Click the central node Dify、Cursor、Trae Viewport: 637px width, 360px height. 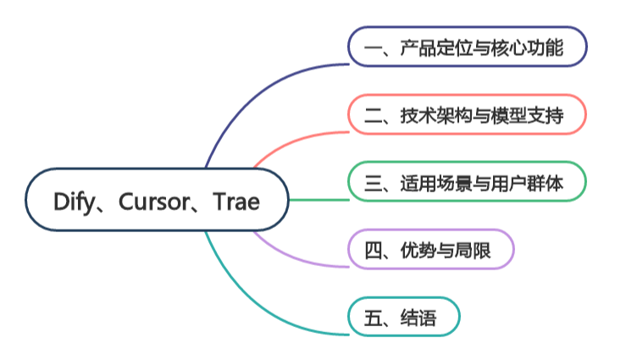[157, 200]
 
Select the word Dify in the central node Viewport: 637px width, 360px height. [73, 201]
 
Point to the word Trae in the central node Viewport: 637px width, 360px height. [236, 201]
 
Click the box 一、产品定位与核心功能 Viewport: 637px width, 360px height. [467, 47]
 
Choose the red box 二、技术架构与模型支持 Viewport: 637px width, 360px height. [467, 114]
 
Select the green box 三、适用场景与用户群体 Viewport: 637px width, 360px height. [467, 182]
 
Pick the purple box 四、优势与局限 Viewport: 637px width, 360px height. [431, 250]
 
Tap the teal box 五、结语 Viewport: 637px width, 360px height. [404, 318]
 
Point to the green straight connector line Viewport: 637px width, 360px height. [318, 200]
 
